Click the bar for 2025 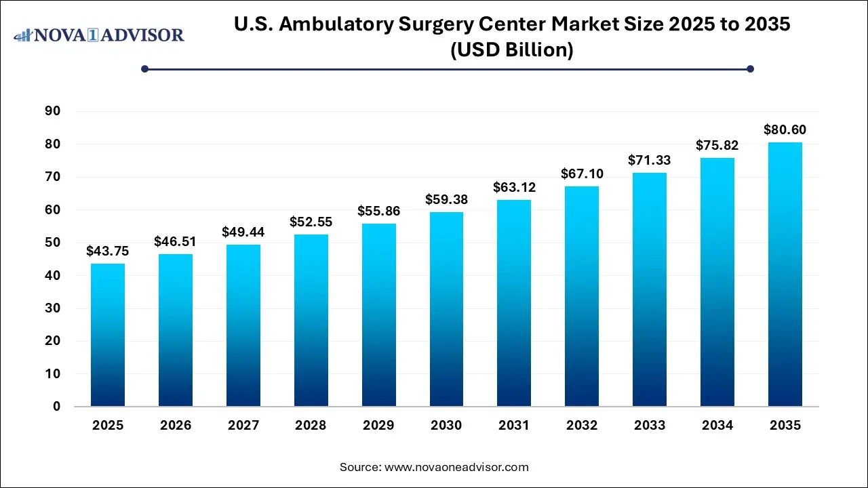click(108, 335)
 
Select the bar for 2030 click(446, 309)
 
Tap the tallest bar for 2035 click(785, 274)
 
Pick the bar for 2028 click(311, 320)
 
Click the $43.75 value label click(108, 251)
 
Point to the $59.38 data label click(446, 199)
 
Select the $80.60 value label click(785, 129)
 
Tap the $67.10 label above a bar click(582, 174)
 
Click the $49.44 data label click(243, 232)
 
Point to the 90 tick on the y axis click(53, 111)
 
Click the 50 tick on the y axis click(53, 243)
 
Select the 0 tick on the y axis click(57, 407)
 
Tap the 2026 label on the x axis click(176, 426)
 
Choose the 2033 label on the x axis click(650, 426)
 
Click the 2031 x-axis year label click(514, 426)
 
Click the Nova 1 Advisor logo click(99, 35)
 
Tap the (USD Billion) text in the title click(512, 50)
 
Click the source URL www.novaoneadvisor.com click(457, 467)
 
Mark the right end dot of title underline click(750, 68)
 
